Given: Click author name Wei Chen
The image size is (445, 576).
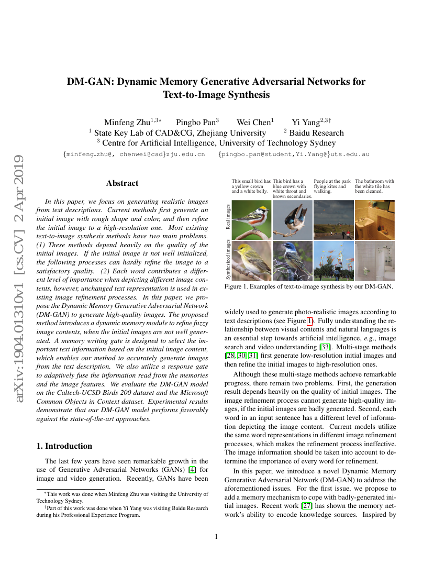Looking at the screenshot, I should [x=253, y=123].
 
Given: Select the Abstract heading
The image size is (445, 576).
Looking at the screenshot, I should [x=122, y=183].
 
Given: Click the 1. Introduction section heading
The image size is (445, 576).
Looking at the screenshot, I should [x=64, y=446].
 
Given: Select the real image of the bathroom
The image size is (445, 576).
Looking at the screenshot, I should [x=374, y=219].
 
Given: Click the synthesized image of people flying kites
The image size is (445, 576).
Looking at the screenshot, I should [x=333, y=261].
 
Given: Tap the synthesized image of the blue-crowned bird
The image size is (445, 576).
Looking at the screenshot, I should [x=292, y=261].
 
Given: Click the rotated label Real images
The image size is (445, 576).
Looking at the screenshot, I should [x=227, y=217].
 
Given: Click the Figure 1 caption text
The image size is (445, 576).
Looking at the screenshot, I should [x=308, y=287].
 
